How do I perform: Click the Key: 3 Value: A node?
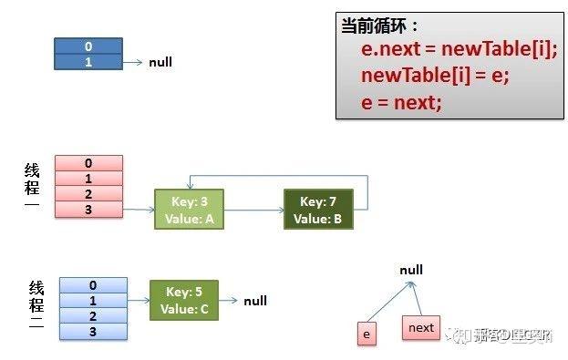click(189, 210)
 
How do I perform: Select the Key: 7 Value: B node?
click(318, 210)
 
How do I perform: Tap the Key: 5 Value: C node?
click(184, 301)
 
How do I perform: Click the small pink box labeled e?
click(367, 334)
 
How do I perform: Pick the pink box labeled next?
click(421, 327)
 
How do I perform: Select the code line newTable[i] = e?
click(434, 76)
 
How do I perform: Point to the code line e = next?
click(401, 102)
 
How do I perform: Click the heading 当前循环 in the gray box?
click(379, 26)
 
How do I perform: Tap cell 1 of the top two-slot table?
click(88, 61)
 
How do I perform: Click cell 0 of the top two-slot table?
click(88, 46)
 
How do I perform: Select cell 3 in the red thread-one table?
click(88, 210)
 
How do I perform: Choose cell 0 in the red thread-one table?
click(88, 163)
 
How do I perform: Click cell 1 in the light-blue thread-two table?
click(93, 301)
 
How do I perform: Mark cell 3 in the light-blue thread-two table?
click(93, 332)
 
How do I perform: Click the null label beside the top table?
click(160, 63)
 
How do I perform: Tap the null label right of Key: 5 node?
click(255, 301)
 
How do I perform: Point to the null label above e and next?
click(411, 271)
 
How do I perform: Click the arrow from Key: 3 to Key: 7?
click(253, 210)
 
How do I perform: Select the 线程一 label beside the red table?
click(32, 188)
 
